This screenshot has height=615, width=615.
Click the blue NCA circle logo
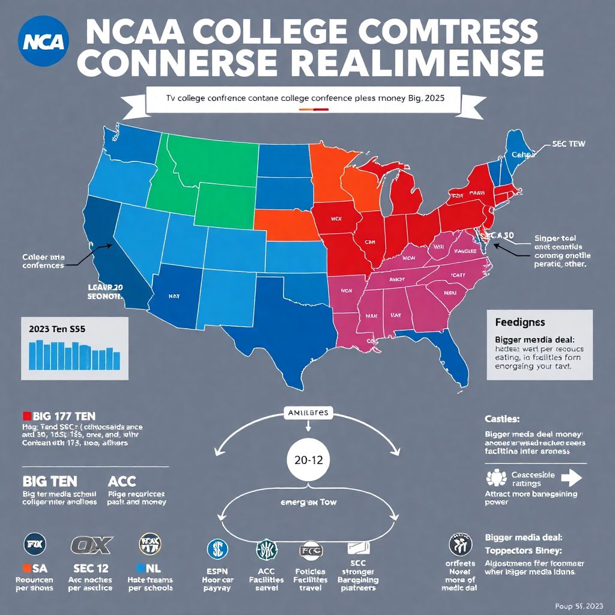pyautogui.click(x=45, y=41)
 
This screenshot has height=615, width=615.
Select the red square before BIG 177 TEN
pyautogui.click(x=26, y=416)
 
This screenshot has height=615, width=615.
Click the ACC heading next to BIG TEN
pyautogui.click(x=122, y=481)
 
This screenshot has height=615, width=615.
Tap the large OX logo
pyautogui.click(x=92, y=545)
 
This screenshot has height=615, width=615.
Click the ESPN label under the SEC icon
pyautogui.click(x=218, y=571)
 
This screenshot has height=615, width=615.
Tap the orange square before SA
pyautogui.click(x=26, y=568)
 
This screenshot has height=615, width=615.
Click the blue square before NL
pyautogui.click(x=141, y=568)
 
